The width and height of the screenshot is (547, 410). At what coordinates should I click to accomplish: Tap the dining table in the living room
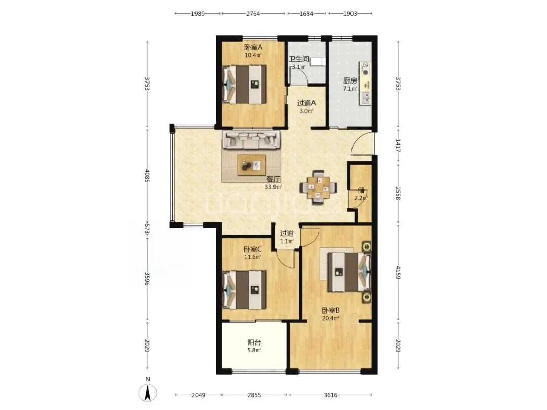(319, 188)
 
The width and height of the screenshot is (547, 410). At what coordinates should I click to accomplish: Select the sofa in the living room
(252, 140)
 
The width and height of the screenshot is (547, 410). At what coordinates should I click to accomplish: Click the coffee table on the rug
(251, 165)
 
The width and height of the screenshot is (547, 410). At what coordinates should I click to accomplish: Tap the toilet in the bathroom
(318, 62)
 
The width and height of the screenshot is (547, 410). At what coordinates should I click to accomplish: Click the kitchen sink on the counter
(366, 98)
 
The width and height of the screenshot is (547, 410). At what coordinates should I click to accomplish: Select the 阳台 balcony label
(254, 342)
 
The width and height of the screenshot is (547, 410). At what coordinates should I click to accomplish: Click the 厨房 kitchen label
(350, 80)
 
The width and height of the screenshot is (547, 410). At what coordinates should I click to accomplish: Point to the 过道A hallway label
(306, 103)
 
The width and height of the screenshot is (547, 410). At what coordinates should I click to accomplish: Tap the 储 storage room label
(361, 190)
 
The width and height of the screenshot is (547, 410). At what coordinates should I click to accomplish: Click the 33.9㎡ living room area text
(273, 187)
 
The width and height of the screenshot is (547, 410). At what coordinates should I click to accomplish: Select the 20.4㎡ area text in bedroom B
(331, 318)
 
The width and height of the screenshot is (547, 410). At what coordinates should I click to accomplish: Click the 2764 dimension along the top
(253, 14)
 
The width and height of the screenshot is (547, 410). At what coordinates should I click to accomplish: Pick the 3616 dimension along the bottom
(331, 395)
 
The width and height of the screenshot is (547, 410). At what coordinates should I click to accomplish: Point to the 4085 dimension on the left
(147, 176)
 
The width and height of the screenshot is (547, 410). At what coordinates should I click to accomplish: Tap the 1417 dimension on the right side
(398, 145)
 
